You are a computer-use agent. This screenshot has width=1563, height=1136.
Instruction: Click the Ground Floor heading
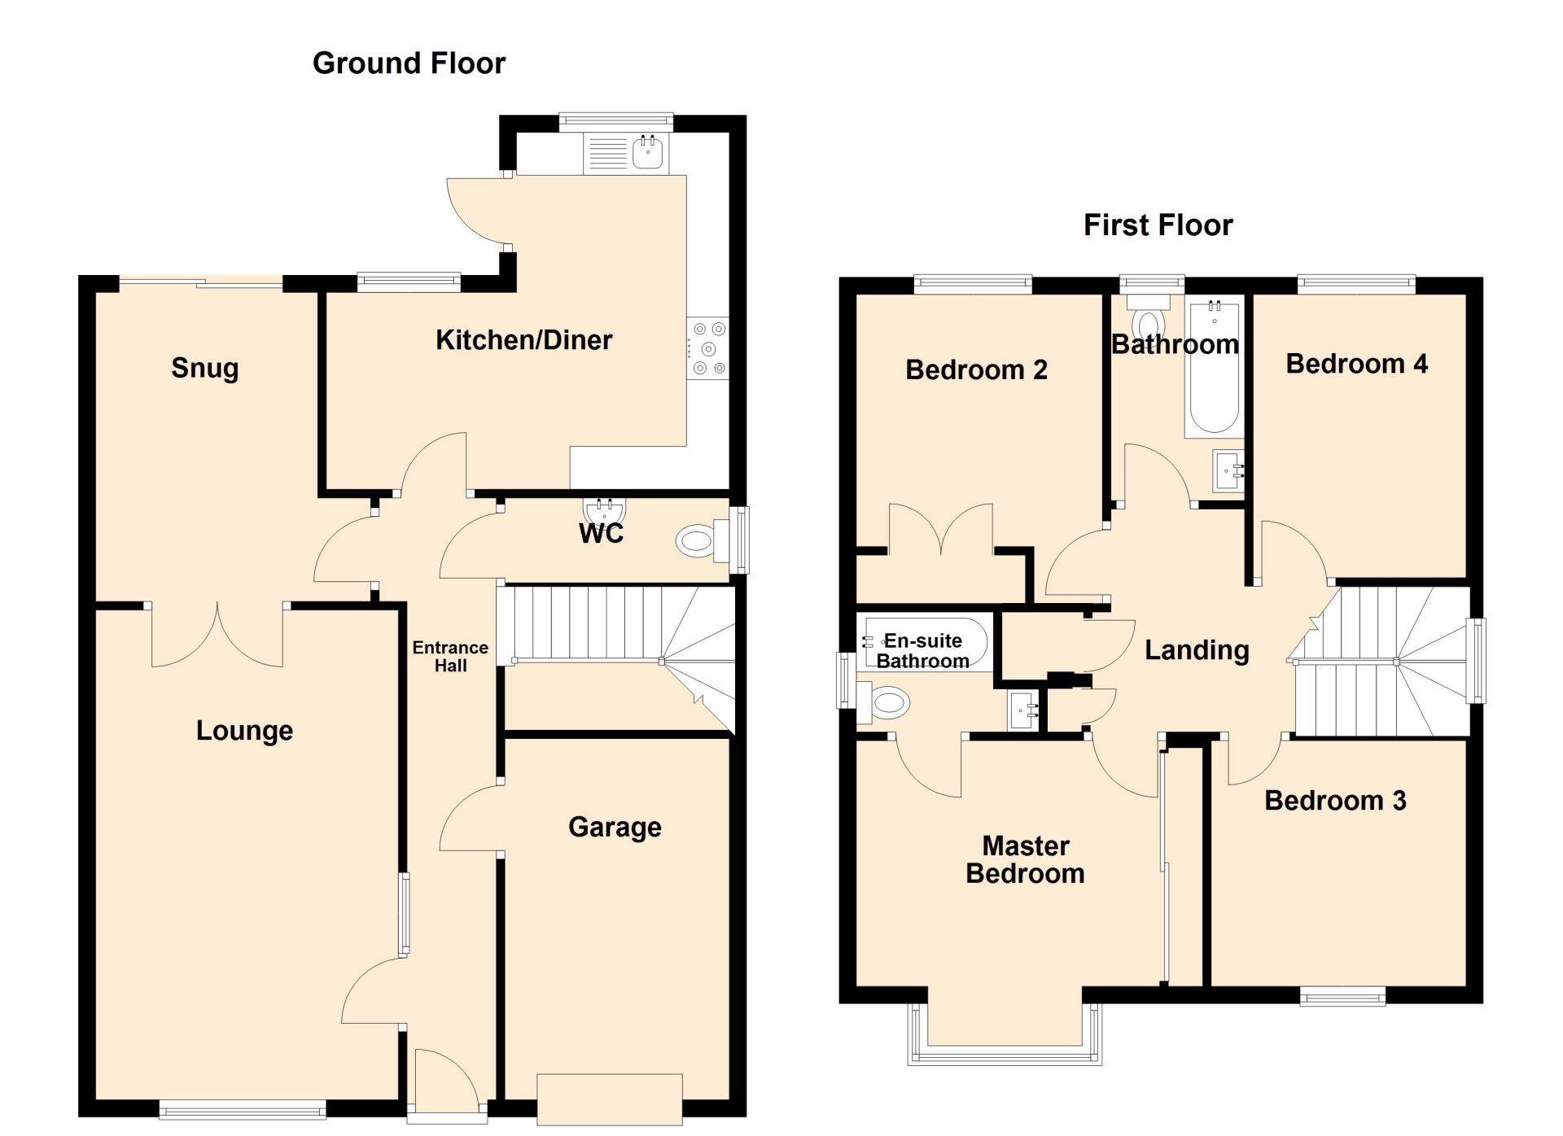coord(409,63)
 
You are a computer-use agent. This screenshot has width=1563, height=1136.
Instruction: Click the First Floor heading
coord(1158,225)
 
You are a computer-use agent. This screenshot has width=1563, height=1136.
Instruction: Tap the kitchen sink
coord(648,152)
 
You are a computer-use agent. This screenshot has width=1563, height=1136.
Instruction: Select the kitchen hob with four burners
coord(707,348)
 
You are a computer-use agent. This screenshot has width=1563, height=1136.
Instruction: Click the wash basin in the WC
coord(604,510)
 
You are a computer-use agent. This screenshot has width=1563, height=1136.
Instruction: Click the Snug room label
coord(205,369)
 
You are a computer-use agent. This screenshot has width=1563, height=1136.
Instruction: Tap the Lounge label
coord(244,731)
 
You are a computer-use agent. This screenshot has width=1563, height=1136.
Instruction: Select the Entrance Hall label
coord(450,657)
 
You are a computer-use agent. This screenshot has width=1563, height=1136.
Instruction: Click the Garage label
coord(615,828)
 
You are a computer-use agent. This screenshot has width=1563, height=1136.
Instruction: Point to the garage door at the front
coord(609,1099)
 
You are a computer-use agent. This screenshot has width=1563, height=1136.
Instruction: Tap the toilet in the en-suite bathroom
coord(883,702)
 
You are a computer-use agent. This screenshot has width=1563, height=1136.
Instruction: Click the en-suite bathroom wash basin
coord(1023,710)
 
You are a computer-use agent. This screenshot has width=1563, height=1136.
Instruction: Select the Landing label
coord(1197,650)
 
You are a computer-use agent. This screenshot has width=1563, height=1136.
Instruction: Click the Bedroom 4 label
coord(1356,364)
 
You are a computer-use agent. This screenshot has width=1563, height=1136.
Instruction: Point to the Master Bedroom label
coord(1025,859)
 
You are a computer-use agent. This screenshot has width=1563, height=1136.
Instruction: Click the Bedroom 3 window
coord(1342,996)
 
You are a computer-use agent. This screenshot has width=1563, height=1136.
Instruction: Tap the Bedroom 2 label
coord(976,370)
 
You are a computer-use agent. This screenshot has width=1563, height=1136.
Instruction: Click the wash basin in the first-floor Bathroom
coord(1228,471)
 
